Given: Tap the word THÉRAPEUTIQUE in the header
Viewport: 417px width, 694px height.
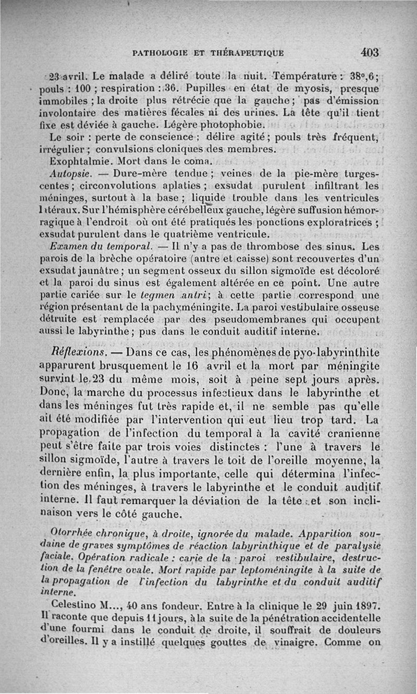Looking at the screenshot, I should pyautogui.click(x=247, y=53).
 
